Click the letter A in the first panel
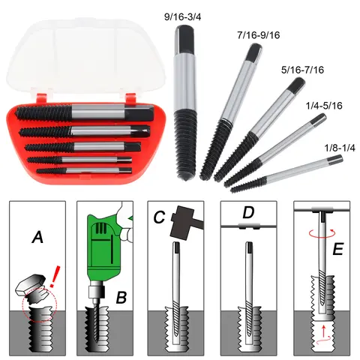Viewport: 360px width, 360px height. point(37,238)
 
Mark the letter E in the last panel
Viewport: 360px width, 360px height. point(338,247)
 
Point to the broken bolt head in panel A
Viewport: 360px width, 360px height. point(29,284)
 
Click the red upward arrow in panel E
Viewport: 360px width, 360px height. point(323,332)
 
